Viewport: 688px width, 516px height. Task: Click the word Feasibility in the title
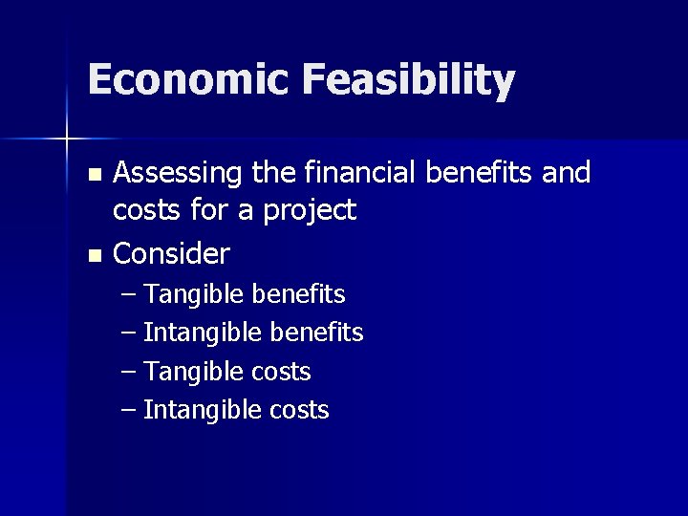point(409,80)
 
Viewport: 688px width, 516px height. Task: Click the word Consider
point(172,254)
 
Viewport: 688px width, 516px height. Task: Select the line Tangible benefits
point(245,293)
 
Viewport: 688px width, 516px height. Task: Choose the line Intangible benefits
point(253,333)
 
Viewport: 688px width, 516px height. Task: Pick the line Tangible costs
point(227,371)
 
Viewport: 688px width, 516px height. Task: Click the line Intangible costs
point(236,410)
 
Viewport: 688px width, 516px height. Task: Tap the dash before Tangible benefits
point(130,293)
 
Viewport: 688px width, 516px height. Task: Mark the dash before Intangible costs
point(130,410)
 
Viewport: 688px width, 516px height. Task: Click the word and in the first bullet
point(566,173)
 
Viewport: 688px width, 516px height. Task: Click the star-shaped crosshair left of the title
point(66,140)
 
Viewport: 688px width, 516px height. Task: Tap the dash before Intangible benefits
point(130,333)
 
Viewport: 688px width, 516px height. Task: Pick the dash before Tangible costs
point(130,371)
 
